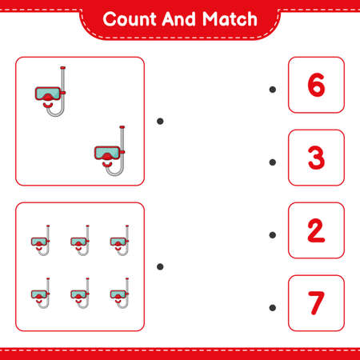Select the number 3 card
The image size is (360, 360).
tap(316, 158)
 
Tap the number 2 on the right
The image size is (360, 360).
tap(316, 230)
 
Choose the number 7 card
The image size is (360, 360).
tap(316, 302)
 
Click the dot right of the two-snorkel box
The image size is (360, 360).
tap(160, 121)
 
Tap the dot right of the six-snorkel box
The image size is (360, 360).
tap(160, 266)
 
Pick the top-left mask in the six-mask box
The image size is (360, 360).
tap(41, 241)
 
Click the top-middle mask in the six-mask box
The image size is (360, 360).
tap(80, 241)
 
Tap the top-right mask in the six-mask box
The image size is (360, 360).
tap(120, 241)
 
